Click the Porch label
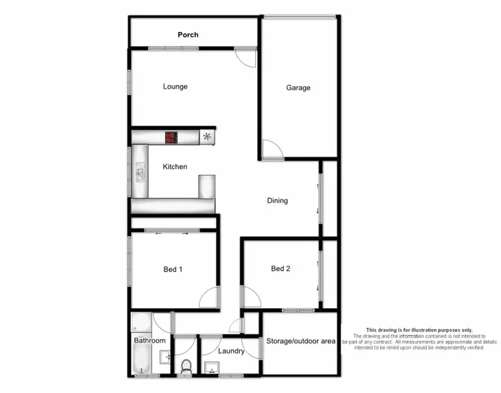pyautogui.click(x=188, y=35)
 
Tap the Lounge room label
pyautogui.click(x=175, y=87)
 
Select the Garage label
pyautogui.click(x=298, y=87)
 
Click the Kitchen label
pyautogui.click(x=175, y=167)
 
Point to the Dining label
pyautogui.click(x=277, y=200)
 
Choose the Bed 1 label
pyautogui.click(x=172, y=270)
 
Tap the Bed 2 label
pyautogui.click(x=281, y=269)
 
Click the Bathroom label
pyautogui.click(x=149, y=341)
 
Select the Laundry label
pyautogui.click(x=231, y=352)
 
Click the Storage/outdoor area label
pyautogui.click(x=301, y=342)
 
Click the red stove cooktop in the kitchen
pyautogui.click(x=172, y=137)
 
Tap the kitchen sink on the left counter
pyautogui.click(x=140, y=173)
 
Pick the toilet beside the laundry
pyautogui.click(x=186, y=366)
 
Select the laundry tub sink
pyautogui.click(x=212, y=367)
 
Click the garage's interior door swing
pyautogui.click(x=273, y=149)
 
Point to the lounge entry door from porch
pyautogui.click(x=245, y=57)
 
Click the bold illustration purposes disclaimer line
pyautogui.click(x=419, y=330)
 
